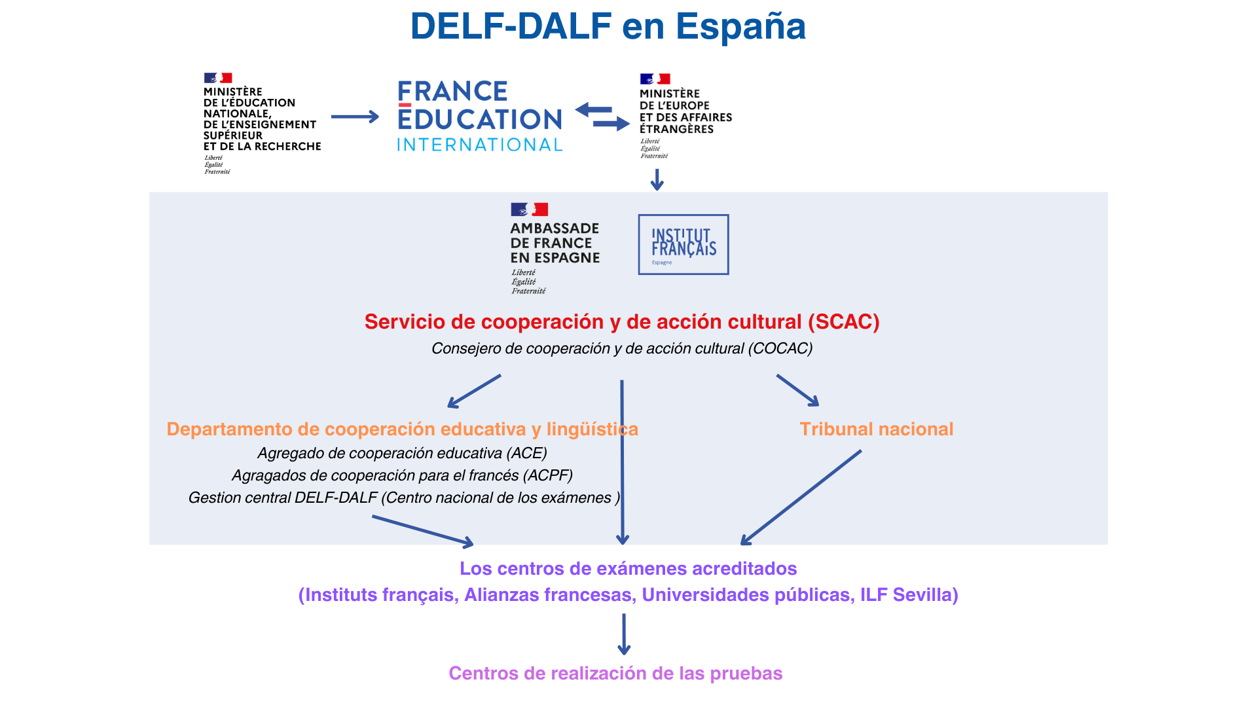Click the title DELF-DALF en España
coord(608,27)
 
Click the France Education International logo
coord(480,117)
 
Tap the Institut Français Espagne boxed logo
coord(683,244)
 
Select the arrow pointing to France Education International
coord(355,117)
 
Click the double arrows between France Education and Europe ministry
coord(602,117)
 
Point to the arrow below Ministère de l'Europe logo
coord(657,179)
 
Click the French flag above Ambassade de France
coord(529,209)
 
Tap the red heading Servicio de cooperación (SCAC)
coord(622,321)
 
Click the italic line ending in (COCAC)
coord(622,348)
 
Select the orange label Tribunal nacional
coord(876,429)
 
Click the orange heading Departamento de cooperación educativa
coord(402,429)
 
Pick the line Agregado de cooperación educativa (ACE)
coord(402,453)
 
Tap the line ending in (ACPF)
coord(402,475)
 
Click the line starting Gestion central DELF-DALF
coord(404,498)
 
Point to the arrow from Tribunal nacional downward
coord(801,498)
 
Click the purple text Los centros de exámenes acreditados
coord(628,568)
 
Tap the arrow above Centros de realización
coord(624,634)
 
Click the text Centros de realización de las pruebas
coord(615,673)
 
